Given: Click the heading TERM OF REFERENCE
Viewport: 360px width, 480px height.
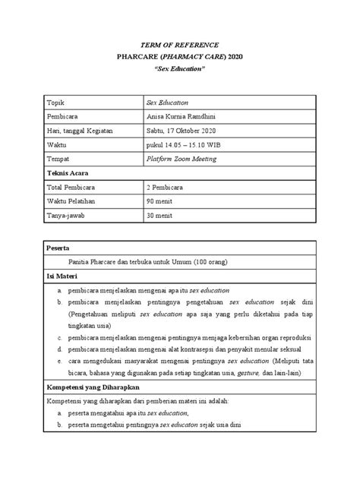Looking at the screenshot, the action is [x=179, y=45].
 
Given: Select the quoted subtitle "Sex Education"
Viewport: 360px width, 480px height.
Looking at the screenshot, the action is [x=179, y=69].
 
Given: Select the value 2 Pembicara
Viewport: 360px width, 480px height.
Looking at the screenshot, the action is [x=166, y=188].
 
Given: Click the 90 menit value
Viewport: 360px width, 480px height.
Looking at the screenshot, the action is [x=159, y=202].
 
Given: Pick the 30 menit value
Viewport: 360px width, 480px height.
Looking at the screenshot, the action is [x=159, y=216].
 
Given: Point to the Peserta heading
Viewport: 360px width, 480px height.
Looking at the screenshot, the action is [x=60, y=248].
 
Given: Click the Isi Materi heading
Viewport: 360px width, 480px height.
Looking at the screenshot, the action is [x=64, y=276].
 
